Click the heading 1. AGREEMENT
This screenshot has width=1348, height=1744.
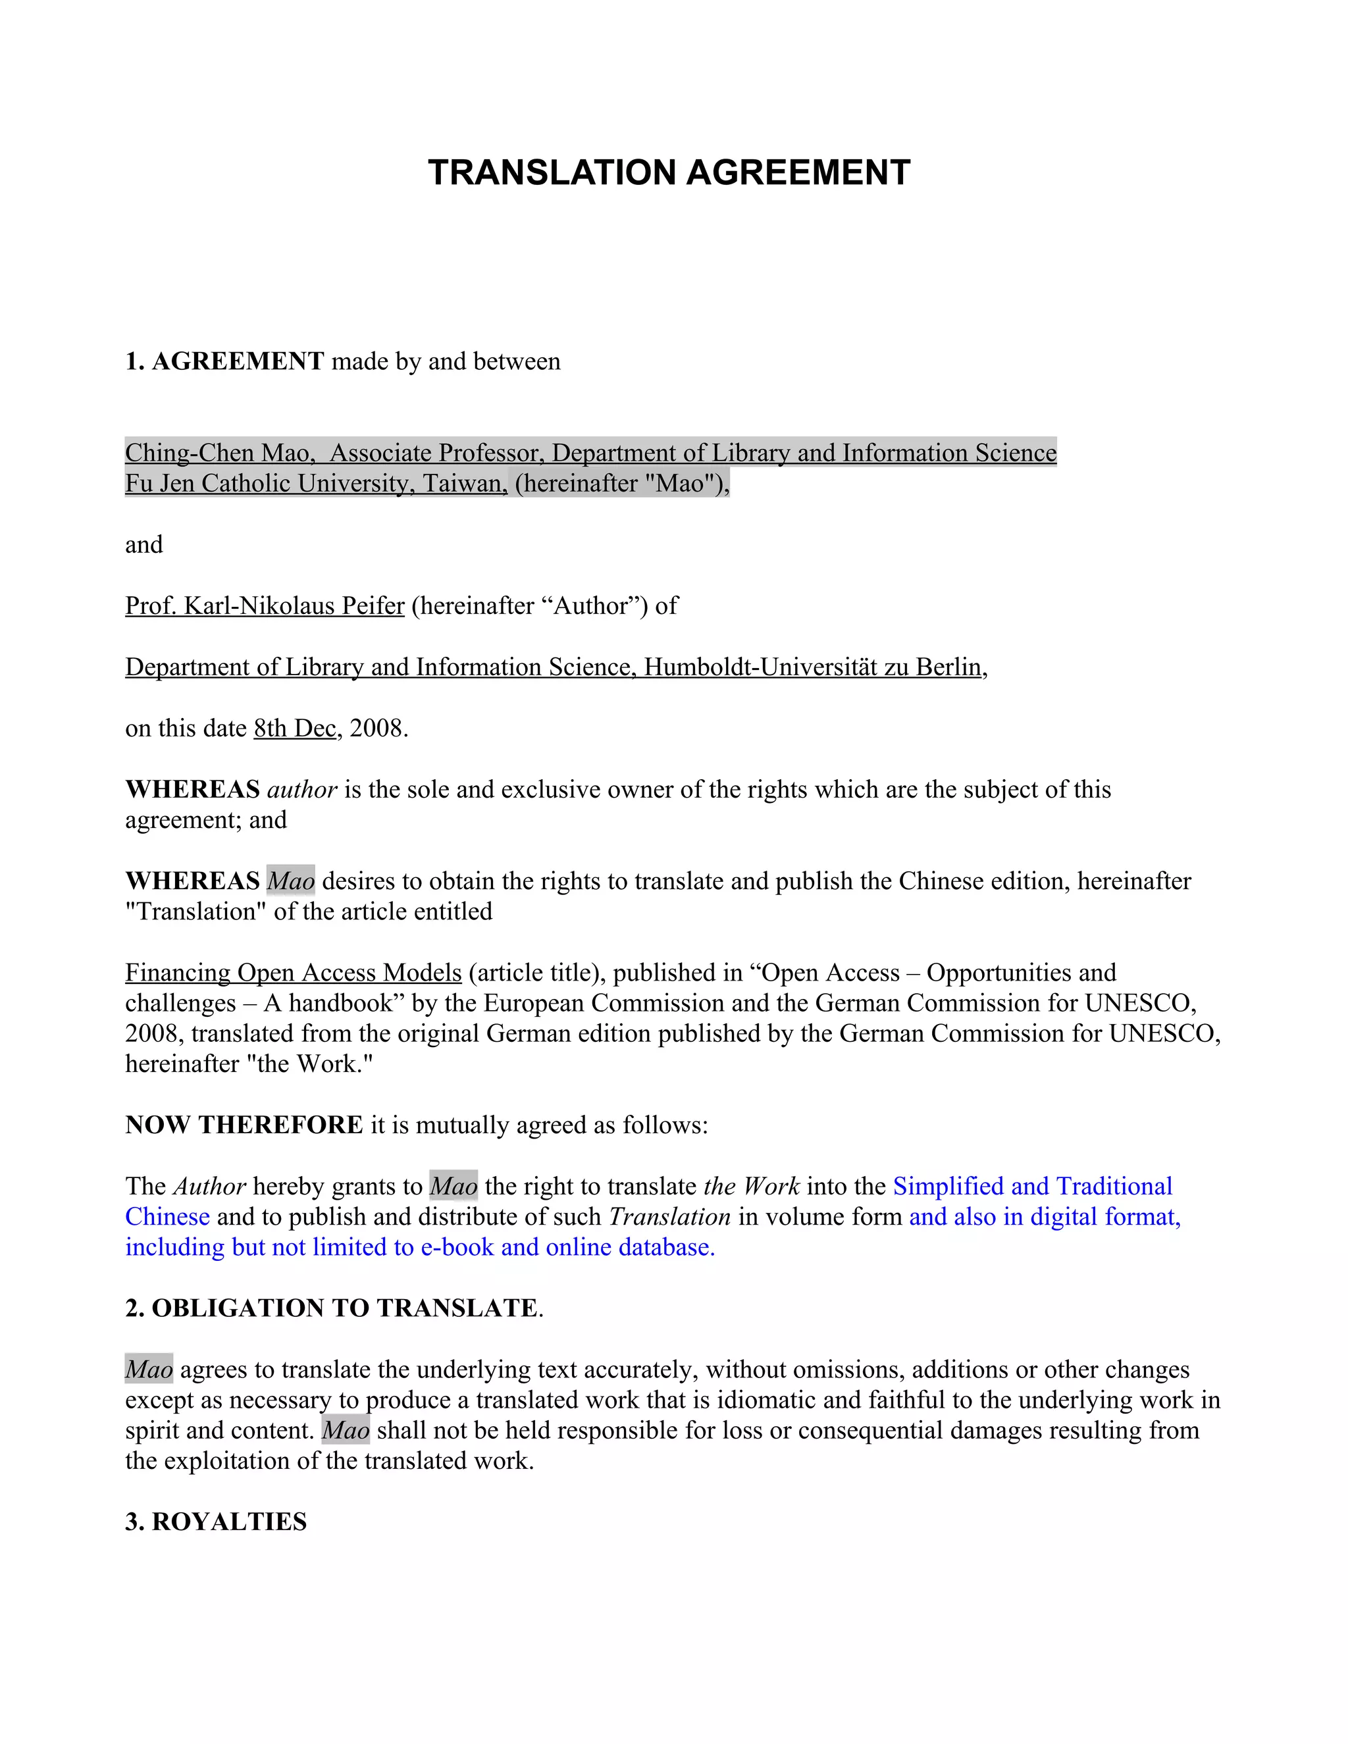coord(224,362)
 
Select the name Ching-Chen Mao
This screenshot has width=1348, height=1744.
coord(217,453)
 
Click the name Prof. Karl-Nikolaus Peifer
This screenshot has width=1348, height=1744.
coord(265,606)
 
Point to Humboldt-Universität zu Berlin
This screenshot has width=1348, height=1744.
coord(812,667)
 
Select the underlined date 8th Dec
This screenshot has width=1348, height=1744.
coord(295,729)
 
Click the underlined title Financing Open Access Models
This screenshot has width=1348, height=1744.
coord(293,973)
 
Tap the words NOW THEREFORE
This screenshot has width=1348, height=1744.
coord(244,1125)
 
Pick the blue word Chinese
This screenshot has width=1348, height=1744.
coord(167,1217)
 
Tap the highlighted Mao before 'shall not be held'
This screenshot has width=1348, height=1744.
coord(345,1430)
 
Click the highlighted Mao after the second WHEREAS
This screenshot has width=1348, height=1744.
coord(291,882)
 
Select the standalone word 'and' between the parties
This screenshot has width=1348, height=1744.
coord(143,545)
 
